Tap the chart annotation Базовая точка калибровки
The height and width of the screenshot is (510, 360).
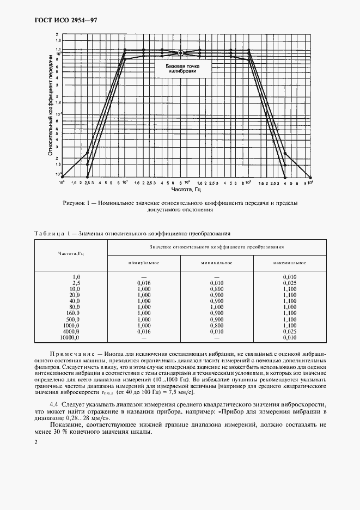point(180,69)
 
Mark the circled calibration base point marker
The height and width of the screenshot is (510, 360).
point(180,53)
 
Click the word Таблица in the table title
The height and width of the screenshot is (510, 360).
point(52,233)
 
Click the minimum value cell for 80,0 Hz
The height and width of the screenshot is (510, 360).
point(217,307)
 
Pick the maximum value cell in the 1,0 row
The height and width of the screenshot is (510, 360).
point(291,277)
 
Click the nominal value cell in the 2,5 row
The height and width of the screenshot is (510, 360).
point(144,283)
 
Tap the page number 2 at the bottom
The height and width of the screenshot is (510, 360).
point(35,442)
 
